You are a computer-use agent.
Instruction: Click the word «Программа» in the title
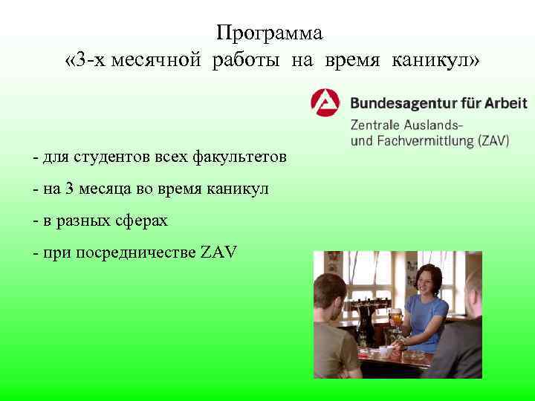270,34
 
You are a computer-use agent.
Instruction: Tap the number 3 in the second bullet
70,189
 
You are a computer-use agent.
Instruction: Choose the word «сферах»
142,221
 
